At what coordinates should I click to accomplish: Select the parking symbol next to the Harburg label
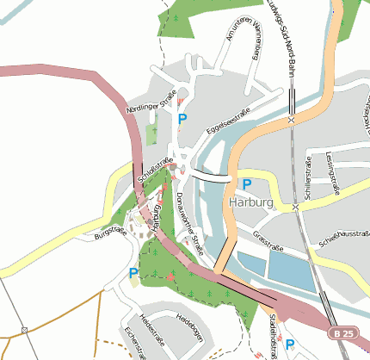coord(247,184)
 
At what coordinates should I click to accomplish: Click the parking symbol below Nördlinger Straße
coord(182,119)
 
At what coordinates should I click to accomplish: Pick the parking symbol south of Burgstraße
coord(133,273)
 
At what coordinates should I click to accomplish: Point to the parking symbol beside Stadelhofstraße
coord(290,344)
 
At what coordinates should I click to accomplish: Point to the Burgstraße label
coord(110,233)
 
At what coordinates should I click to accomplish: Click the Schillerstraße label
coord(309,176)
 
